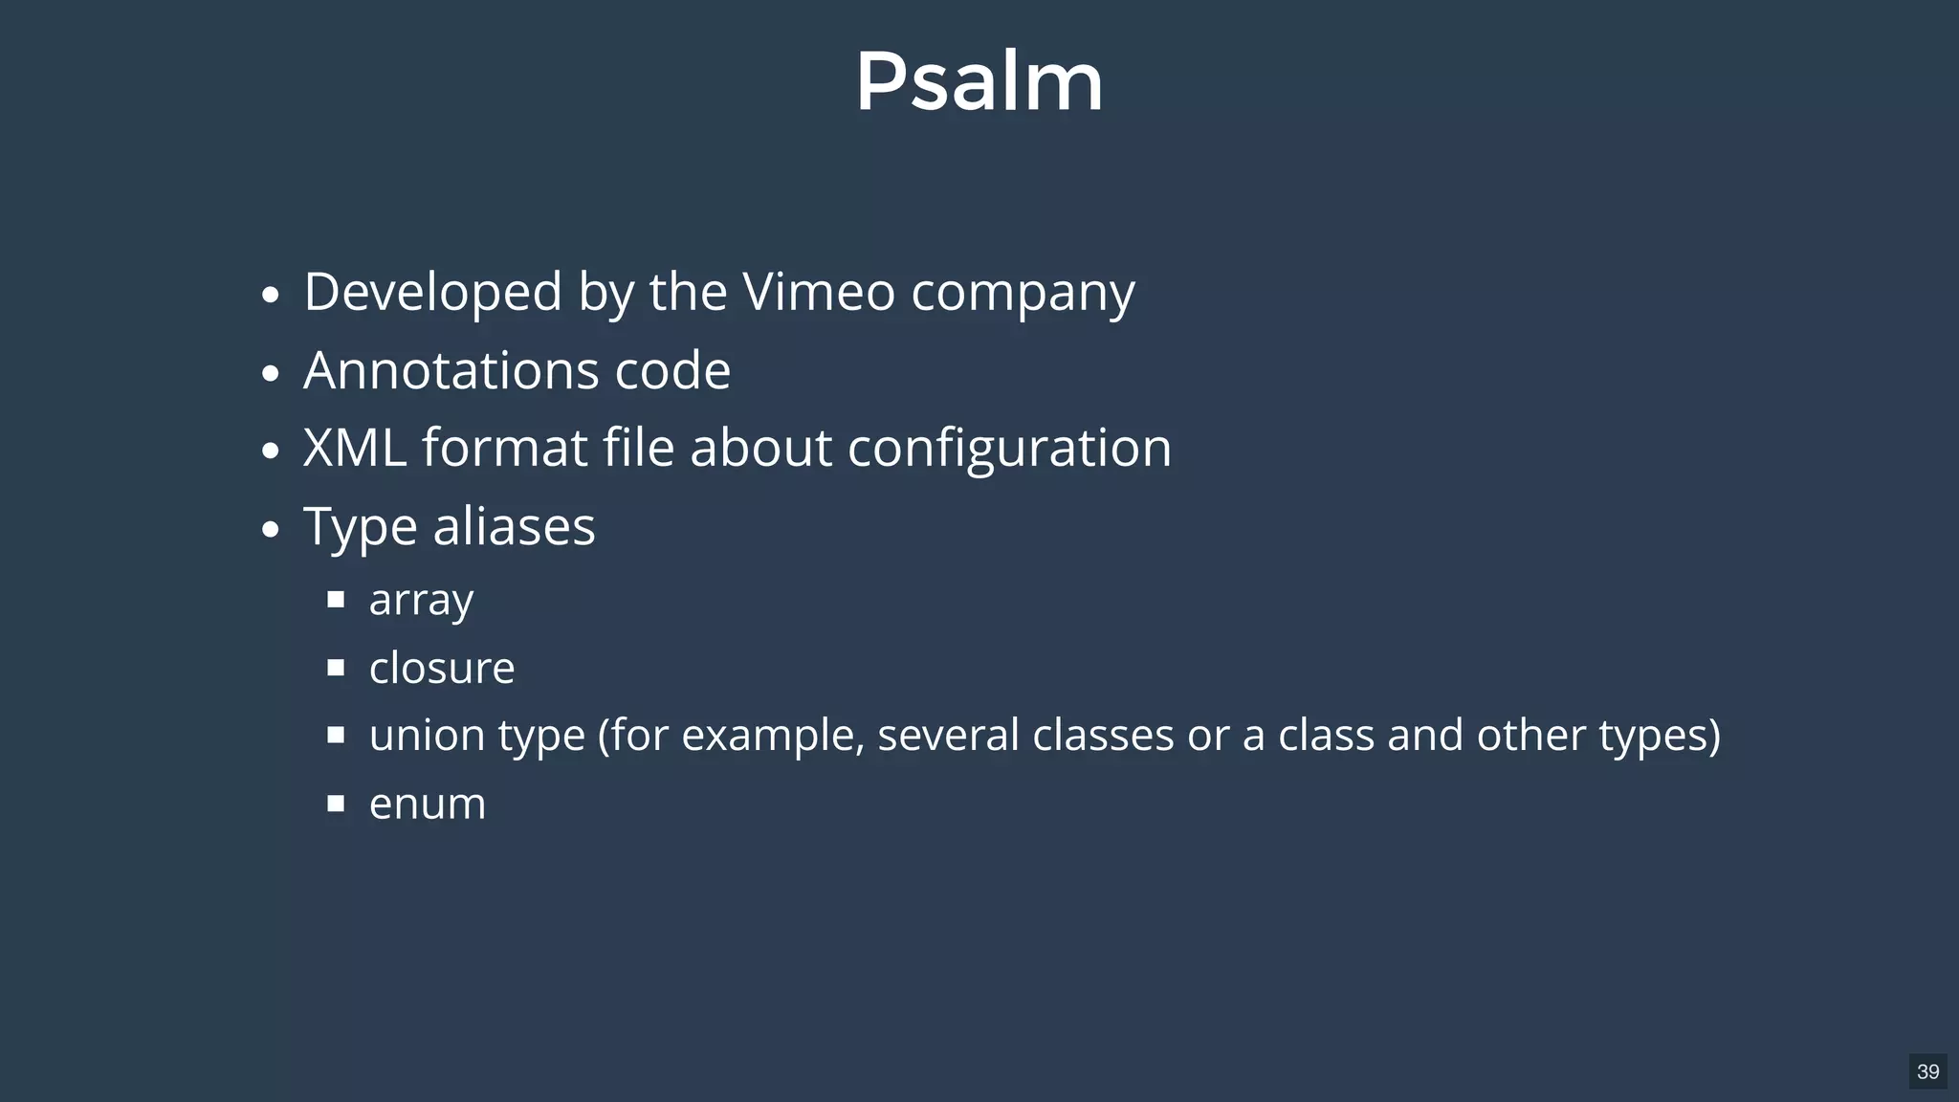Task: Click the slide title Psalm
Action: coord(979,82)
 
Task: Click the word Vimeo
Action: coord(818,292)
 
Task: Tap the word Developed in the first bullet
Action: coord(432,292)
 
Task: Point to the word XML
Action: coord(354,448)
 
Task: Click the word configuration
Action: coord(1009,450)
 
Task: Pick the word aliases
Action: coord(514,527)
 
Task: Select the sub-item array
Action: coord(421,601)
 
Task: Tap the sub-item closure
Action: coord(441,668)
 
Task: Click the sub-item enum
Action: coord(427,804)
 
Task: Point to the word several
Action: coord(948,736)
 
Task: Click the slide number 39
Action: coord(1927,1071)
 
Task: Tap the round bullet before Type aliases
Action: coord(271,529)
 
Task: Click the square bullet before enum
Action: coord(336,804)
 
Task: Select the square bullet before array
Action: coord(336,600)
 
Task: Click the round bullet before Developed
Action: coord(271,295)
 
